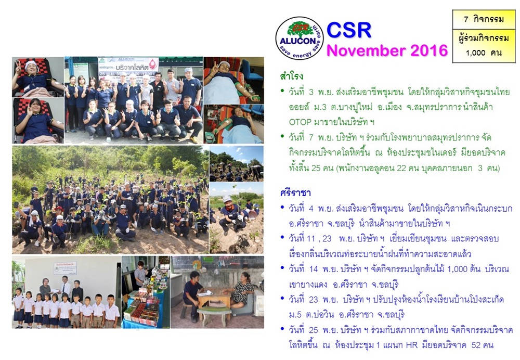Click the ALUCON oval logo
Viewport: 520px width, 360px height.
[x=300, y=38]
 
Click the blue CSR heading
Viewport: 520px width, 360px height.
[x=349, y=30]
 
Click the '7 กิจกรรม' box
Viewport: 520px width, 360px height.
[x=484, y=19]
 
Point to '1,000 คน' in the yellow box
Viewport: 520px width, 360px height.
[x=483, y=53]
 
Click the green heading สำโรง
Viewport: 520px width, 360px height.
[x=292, y=76]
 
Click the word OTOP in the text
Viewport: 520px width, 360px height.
[x=300, y=122]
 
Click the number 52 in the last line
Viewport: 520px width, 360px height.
[x=476, y=345]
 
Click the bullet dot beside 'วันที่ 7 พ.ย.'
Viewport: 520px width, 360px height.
[x=282, y=136]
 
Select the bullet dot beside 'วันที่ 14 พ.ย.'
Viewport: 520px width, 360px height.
[x=282, y=267]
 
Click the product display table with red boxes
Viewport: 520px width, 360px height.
[x=143, y=310]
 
